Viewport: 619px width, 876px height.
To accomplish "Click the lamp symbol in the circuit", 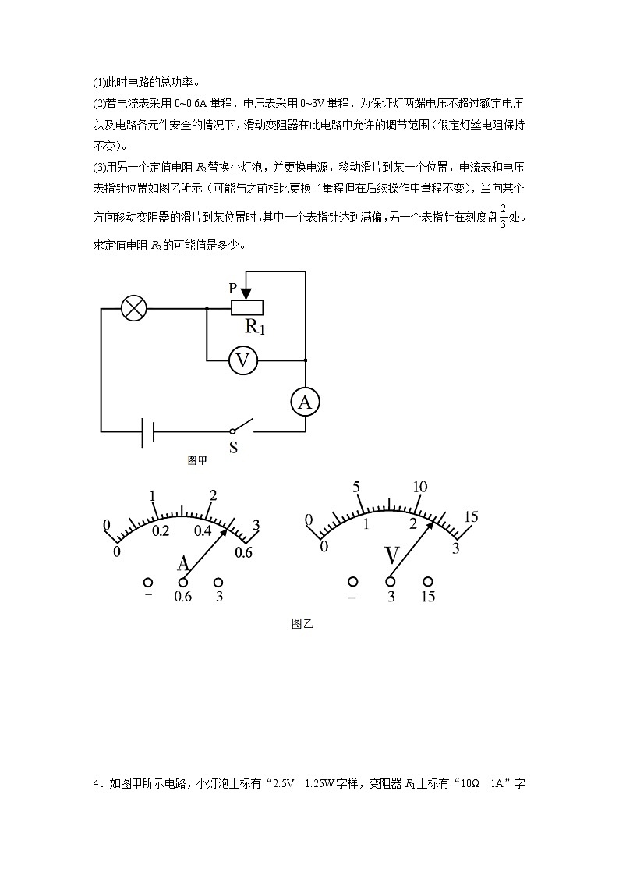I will (135, 309).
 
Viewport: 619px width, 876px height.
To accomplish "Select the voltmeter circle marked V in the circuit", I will (243, 360).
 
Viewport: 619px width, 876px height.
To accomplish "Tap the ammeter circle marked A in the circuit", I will (305, 402).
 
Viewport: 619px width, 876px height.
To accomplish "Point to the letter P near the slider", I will (232, 288).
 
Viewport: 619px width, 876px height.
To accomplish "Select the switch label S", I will (232, 448).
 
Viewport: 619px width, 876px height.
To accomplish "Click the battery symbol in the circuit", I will (147, 431).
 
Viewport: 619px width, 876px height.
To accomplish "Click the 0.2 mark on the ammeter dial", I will (161, 531).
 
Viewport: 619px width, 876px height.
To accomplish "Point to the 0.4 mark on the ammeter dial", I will (203, 531).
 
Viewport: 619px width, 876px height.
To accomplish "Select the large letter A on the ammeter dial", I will (184, 564).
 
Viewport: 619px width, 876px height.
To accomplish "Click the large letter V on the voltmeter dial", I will (393, 556).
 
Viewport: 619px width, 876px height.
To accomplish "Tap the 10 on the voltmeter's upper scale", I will (419, 488).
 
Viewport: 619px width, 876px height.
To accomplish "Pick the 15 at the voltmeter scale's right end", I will (471, 516).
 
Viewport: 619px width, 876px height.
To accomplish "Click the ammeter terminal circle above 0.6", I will (183, 583).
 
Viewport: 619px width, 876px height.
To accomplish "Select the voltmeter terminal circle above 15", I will (428, 582).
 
